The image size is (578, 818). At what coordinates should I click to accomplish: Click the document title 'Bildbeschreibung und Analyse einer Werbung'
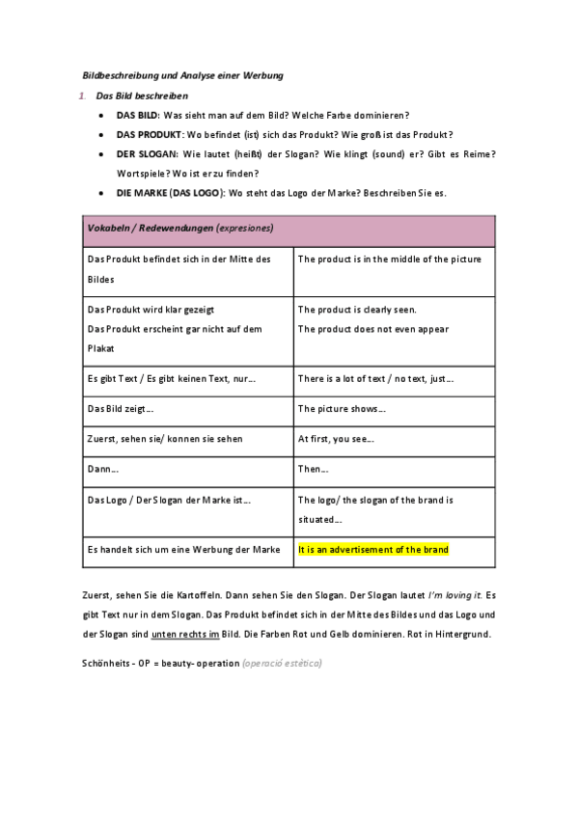pyautogui.click(x=180, y=75)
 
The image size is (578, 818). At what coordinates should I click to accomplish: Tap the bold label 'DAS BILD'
pyautogui.click(x=137, y=115)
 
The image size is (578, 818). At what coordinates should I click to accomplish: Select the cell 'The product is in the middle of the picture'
pyautogui.click(x=389, y=259)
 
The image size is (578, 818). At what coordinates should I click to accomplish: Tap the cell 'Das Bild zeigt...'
pyautogui.click(x=121, y=409)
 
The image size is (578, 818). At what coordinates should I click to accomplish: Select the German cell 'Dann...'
pyautogui.click(x=103, y=469)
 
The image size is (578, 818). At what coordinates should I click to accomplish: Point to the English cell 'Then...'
pyautogui.click(x=314, y=469)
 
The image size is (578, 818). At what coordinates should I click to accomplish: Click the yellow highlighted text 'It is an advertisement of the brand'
pyautogui.click(x=373, y=549)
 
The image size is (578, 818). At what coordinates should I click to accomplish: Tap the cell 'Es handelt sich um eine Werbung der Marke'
pyautogui.click(x=183, y=549)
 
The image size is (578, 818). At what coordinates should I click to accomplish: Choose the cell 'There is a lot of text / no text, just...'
pyautogui.click(x=375, y=379)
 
